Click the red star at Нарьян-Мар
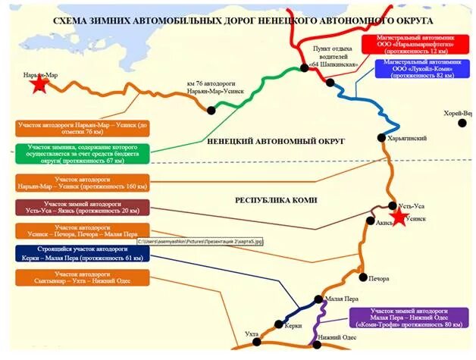pyautogui.click(x=38, y=86)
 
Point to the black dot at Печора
pyautogui.click(x=363, y=277)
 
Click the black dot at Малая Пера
pyautogui.click(x=319, y=299)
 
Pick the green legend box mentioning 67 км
pyautogui.click(x=82, y=154)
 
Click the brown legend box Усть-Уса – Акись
pyautogui.click(x=81, y=208)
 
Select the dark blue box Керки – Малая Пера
pyautogui.click(x=81, y=253)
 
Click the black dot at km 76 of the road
pyautogui.click(x=211, y=110)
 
